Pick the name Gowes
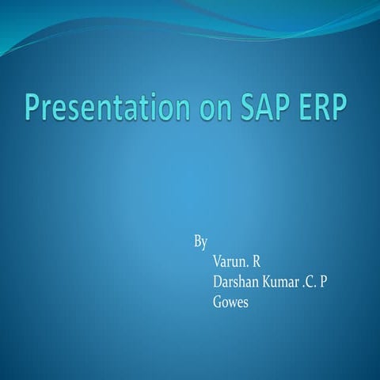(x=231, y=302)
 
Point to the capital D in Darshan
(x=218, y=280)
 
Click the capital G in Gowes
(x=218, y=302)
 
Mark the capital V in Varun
(x=218, y=259)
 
